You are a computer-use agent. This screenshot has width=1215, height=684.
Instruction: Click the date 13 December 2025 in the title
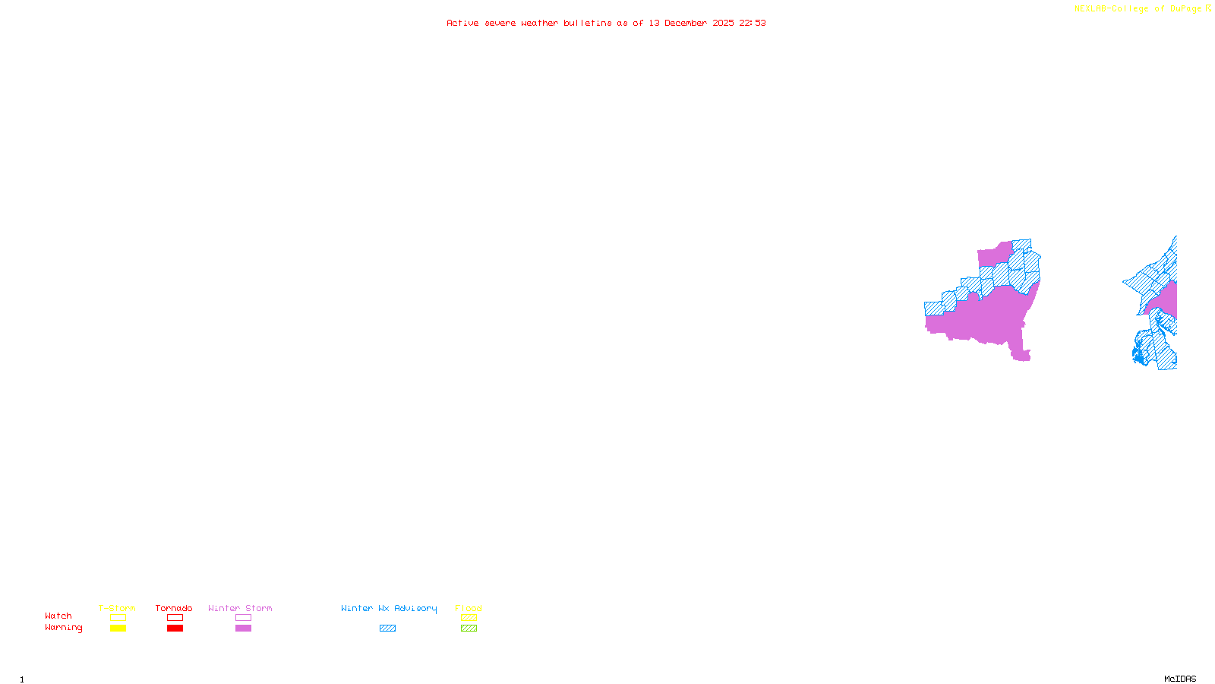(691, 23)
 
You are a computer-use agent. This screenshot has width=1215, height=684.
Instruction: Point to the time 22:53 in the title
(752, 23)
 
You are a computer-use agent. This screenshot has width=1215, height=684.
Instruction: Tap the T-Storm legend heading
(117, 608)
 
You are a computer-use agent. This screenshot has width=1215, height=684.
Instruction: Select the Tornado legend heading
(174, 608)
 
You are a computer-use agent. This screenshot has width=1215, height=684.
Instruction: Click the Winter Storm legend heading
(240, 608)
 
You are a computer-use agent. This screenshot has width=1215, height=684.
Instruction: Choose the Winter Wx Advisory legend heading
(389, 608)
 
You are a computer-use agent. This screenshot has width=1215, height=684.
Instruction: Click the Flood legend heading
(469, 608)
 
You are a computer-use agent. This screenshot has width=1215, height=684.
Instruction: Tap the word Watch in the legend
(58, 616)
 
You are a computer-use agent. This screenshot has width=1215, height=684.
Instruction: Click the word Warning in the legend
(63, 628)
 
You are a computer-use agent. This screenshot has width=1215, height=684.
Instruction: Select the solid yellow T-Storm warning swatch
(118, 629)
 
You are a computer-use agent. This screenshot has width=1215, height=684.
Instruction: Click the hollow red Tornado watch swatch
(175, 618)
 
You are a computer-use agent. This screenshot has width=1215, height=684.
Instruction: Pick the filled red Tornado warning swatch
(175, 629)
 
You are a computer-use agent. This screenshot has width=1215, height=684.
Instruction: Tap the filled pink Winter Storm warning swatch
(243, 629)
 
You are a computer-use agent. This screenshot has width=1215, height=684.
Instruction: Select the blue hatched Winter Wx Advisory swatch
(387, 629)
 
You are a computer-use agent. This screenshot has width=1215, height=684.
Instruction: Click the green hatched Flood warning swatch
(469, 629)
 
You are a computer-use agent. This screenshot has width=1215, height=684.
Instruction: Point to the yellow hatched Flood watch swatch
(469, 618)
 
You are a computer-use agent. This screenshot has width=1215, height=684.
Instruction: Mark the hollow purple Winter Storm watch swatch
(243, 618)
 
